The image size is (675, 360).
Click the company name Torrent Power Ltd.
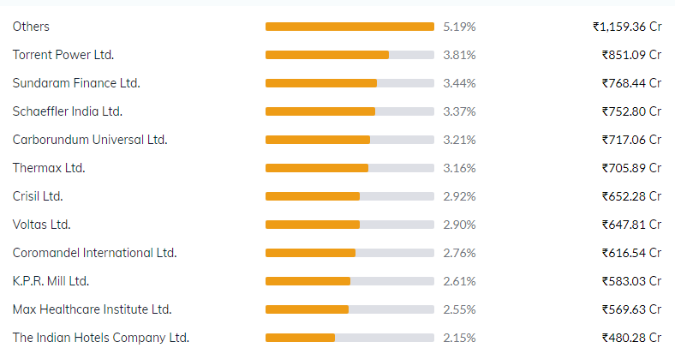[63, 55]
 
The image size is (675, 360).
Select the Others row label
[31, 27]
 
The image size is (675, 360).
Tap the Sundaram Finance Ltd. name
[76, 83]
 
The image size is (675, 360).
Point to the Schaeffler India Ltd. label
[68, 111]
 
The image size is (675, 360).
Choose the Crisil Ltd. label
[38, 196]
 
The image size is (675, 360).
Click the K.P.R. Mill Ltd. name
[51, 281]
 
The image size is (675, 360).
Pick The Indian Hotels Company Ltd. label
[101, 338]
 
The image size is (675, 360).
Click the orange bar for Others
[349, 27]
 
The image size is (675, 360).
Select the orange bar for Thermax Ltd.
[317, 168]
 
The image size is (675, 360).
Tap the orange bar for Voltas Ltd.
[313, 225]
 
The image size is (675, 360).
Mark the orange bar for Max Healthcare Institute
[307, 309]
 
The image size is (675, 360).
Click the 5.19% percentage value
[459, 27]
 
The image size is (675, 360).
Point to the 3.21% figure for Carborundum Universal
[459, 140]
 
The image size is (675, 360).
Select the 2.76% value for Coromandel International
[459, 253]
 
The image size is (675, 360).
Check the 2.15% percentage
[459, 338]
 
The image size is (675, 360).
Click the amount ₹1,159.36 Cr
[627, 27]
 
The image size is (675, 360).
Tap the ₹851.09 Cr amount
[631, 55]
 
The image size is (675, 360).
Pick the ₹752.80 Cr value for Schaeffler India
[631, 111]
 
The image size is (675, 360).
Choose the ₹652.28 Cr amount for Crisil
[631, 196]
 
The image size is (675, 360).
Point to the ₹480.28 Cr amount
[631, 338]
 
